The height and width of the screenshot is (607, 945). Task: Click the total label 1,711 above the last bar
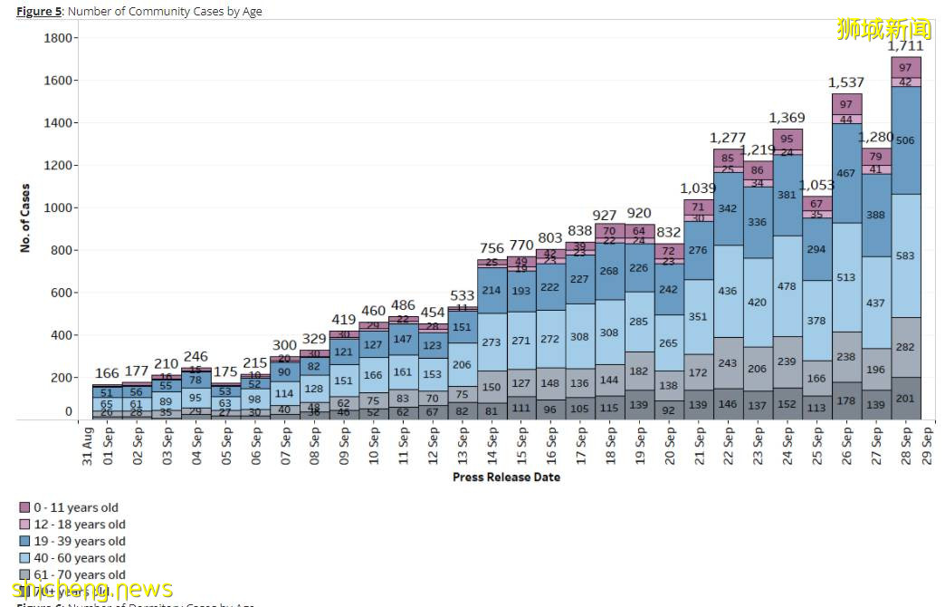point(905,45)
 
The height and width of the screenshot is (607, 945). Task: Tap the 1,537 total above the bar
point(847,83)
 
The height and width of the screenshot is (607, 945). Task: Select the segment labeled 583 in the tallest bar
point(905,256)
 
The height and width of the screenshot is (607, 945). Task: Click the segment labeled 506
point(905,140)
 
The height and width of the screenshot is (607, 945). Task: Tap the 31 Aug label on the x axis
point(88,445)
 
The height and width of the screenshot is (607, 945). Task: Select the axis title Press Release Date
point(506,477)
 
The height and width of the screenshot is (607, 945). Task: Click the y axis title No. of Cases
point(25,218)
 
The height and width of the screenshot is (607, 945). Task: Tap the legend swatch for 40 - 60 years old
point(24,558)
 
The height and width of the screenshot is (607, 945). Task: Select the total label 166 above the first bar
point(107,373)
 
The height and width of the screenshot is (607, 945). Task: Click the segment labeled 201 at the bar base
point(905,399)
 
